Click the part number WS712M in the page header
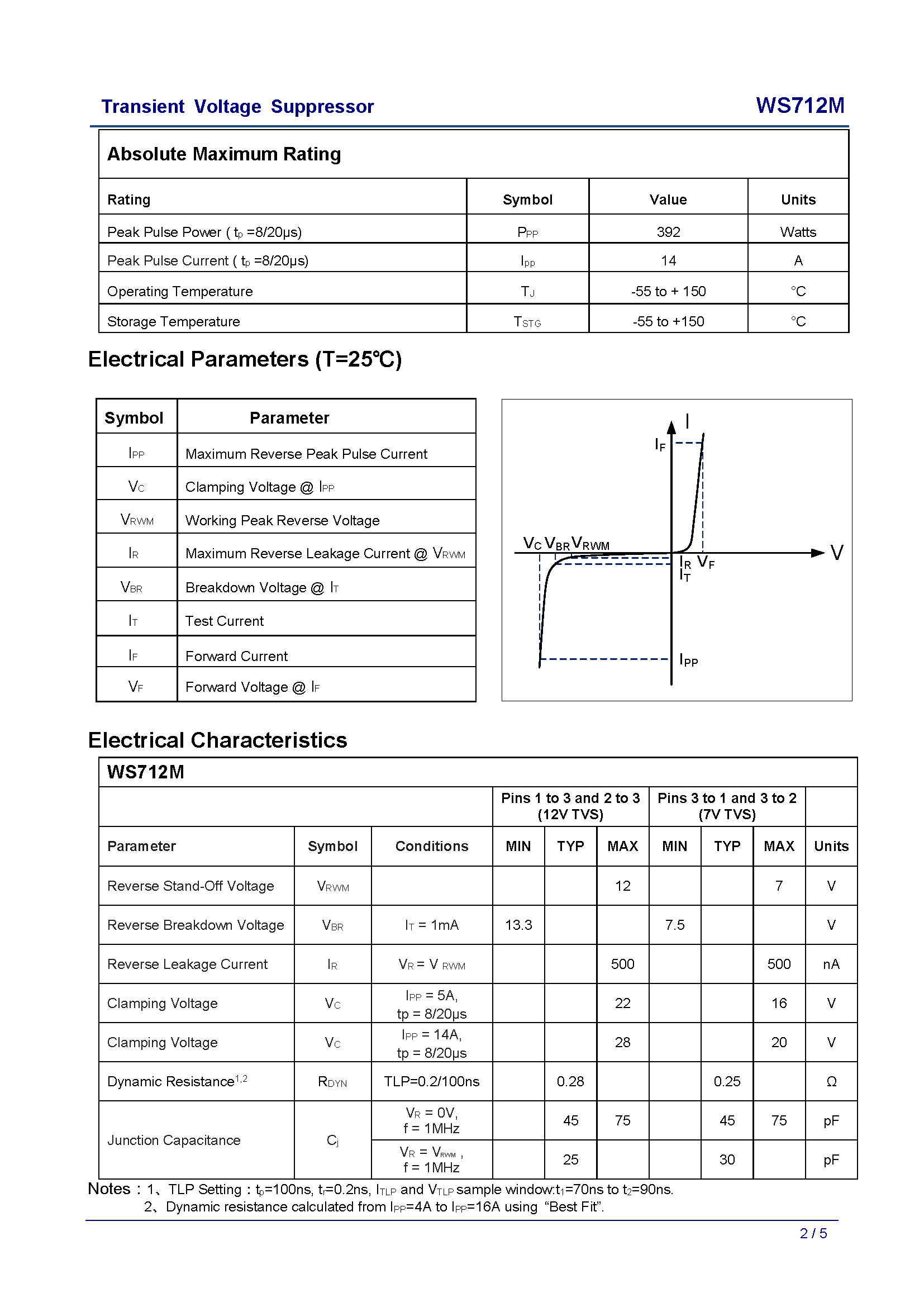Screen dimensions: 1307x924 coord(799,106)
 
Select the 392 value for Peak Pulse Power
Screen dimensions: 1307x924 coord(668,232)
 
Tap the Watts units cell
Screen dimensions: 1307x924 coord(798,232)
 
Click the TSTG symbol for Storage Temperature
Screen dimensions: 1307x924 coord(527,322)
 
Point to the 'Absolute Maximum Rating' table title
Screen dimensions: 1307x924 coord(224,154)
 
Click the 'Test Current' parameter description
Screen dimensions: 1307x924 coord(224,621)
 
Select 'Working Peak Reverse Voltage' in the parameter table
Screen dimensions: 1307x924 coord(282,520)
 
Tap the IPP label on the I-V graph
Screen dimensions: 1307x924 coord(688,660)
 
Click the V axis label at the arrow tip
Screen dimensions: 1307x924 coord(836,553)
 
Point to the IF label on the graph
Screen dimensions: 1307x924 coord(660,445)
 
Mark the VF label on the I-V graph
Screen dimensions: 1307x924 coord(706,563)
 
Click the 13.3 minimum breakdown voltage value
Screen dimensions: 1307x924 coord(518,925)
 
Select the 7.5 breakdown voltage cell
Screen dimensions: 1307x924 coord(675,925)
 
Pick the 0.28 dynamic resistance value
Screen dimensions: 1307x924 coord(570,1082)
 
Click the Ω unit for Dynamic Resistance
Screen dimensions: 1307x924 coord(831,1082)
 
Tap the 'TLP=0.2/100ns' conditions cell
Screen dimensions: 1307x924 coord(431,1082)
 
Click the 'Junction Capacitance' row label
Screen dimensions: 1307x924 coord(174,1140)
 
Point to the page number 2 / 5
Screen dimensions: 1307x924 coord(813,1234)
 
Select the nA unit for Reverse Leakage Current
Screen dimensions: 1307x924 coord(831,964)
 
